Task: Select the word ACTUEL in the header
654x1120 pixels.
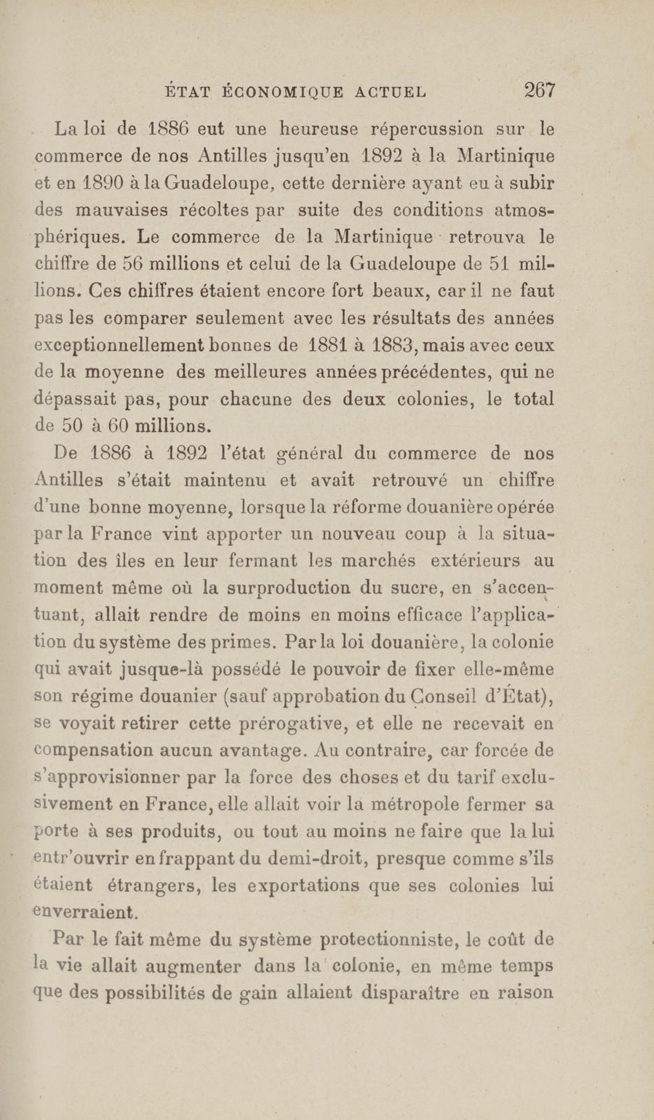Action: [391, 92]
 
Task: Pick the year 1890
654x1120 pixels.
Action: [97, 183]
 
